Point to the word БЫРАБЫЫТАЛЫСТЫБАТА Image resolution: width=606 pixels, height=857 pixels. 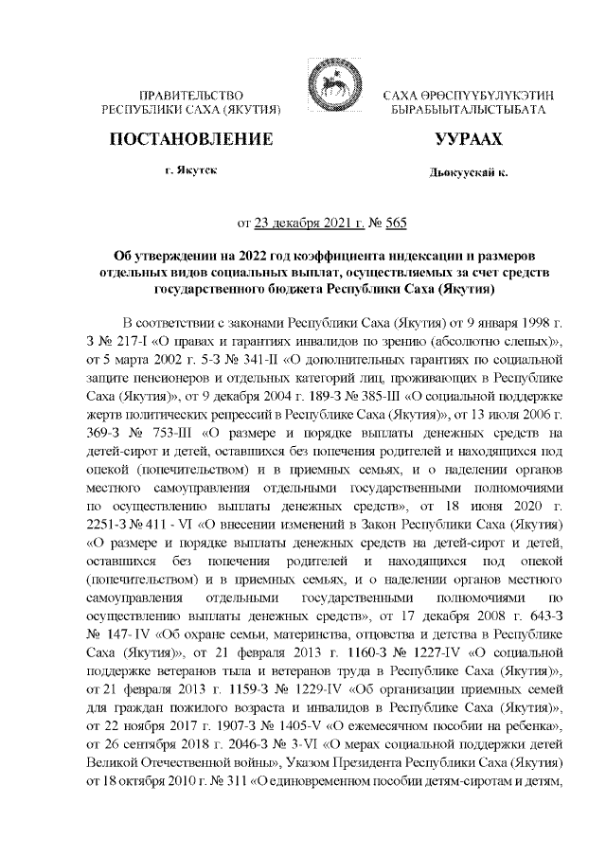coord(468,111)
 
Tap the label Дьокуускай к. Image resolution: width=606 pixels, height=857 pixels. coord(467,174)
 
